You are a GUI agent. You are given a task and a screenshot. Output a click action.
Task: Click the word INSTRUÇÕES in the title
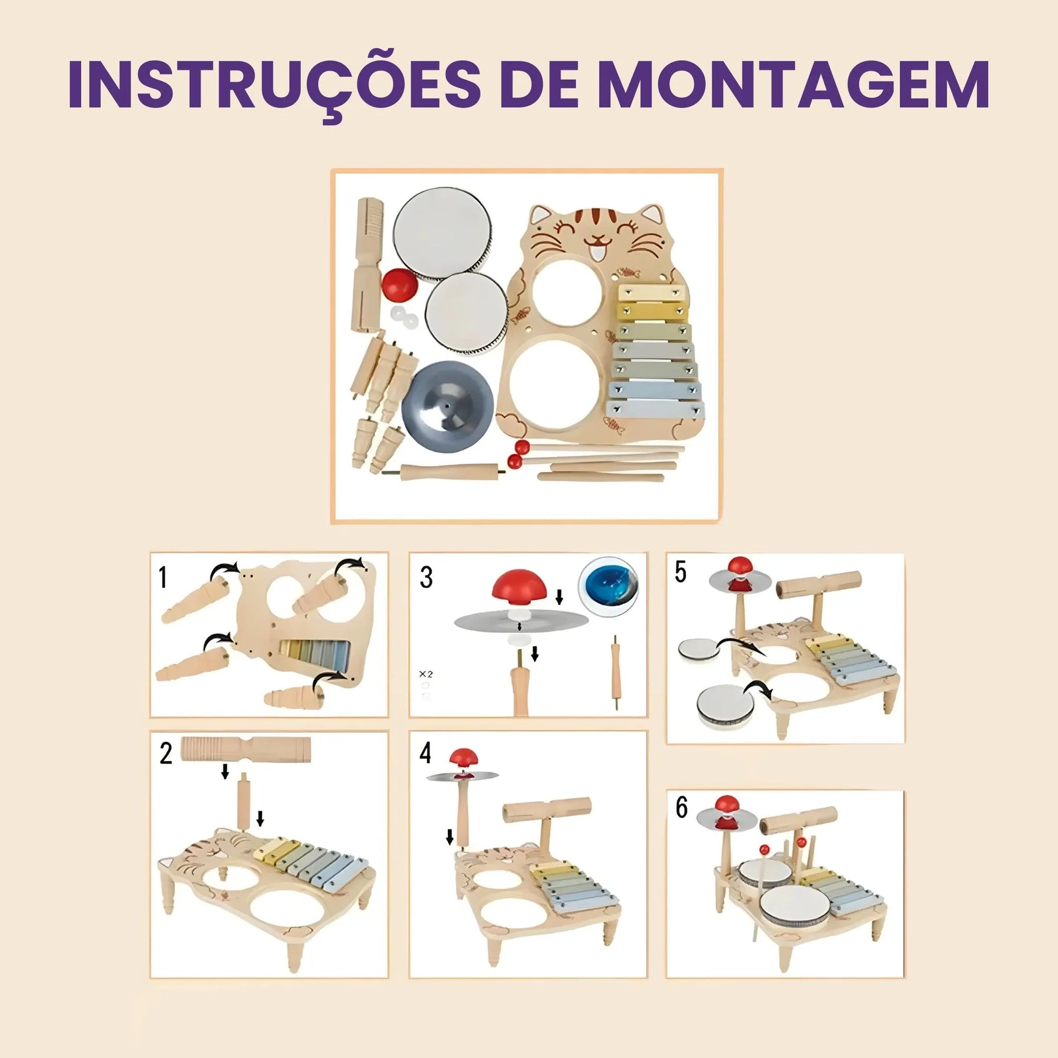(275, 86)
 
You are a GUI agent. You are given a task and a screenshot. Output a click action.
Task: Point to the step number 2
(166, 754)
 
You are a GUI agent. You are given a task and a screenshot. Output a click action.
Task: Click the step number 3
(426, 577)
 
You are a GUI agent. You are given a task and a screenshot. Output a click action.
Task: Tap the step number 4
(426, 753)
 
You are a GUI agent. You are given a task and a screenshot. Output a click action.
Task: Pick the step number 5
(680, 572)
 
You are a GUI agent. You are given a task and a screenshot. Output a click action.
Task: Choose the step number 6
(681, 807)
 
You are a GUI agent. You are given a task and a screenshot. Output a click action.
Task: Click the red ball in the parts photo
(400, 284)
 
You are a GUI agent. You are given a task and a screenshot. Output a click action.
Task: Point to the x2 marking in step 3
(426, 674)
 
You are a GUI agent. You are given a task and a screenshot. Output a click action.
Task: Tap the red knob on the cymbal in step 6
(727, 804)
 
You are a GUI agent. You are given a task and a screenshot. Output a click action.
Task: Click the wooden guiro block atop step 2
(246, 749)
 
